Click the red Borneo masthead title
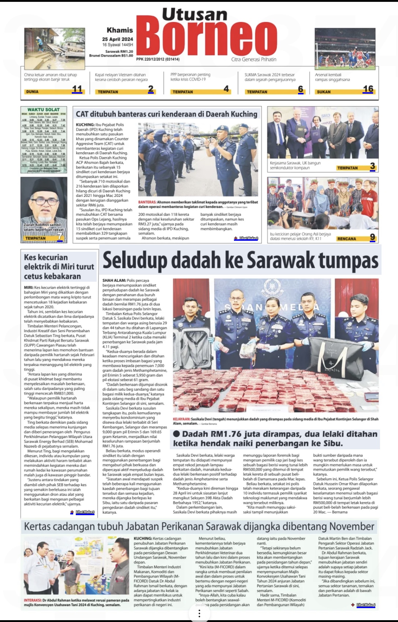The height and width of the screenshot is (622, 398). click(x=207, y=38)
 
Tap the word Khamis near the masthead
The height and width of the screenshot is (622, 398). click(x=120, y=30)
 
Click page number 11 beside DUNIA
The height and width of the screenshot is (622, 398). click(x=77, y=89)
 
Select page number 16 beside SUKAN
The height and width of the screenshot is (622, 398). click(x=368, y=89)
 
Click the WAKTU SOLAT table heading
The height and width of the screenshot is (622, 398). click(x=43, y=109)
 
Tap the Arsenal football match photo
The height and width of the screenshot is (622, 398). click(x=345, y=48)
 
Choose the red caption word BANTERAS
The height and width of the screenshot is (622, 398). click(x=147, y=202)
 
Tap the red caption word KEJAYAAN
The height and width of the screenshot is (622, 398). click(x=182, y=419)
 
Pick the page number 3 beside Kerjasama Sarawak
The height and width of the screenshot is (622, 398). click(x=372, y=166)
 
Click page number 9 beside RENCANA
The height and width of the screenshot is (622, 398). click(x=372, y=237)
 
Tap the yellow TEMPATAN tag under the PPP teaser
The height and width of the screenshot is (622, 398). click(x=183, y=92)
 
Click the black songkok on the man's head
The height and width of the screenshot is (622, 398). click(x=43, y=186)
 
